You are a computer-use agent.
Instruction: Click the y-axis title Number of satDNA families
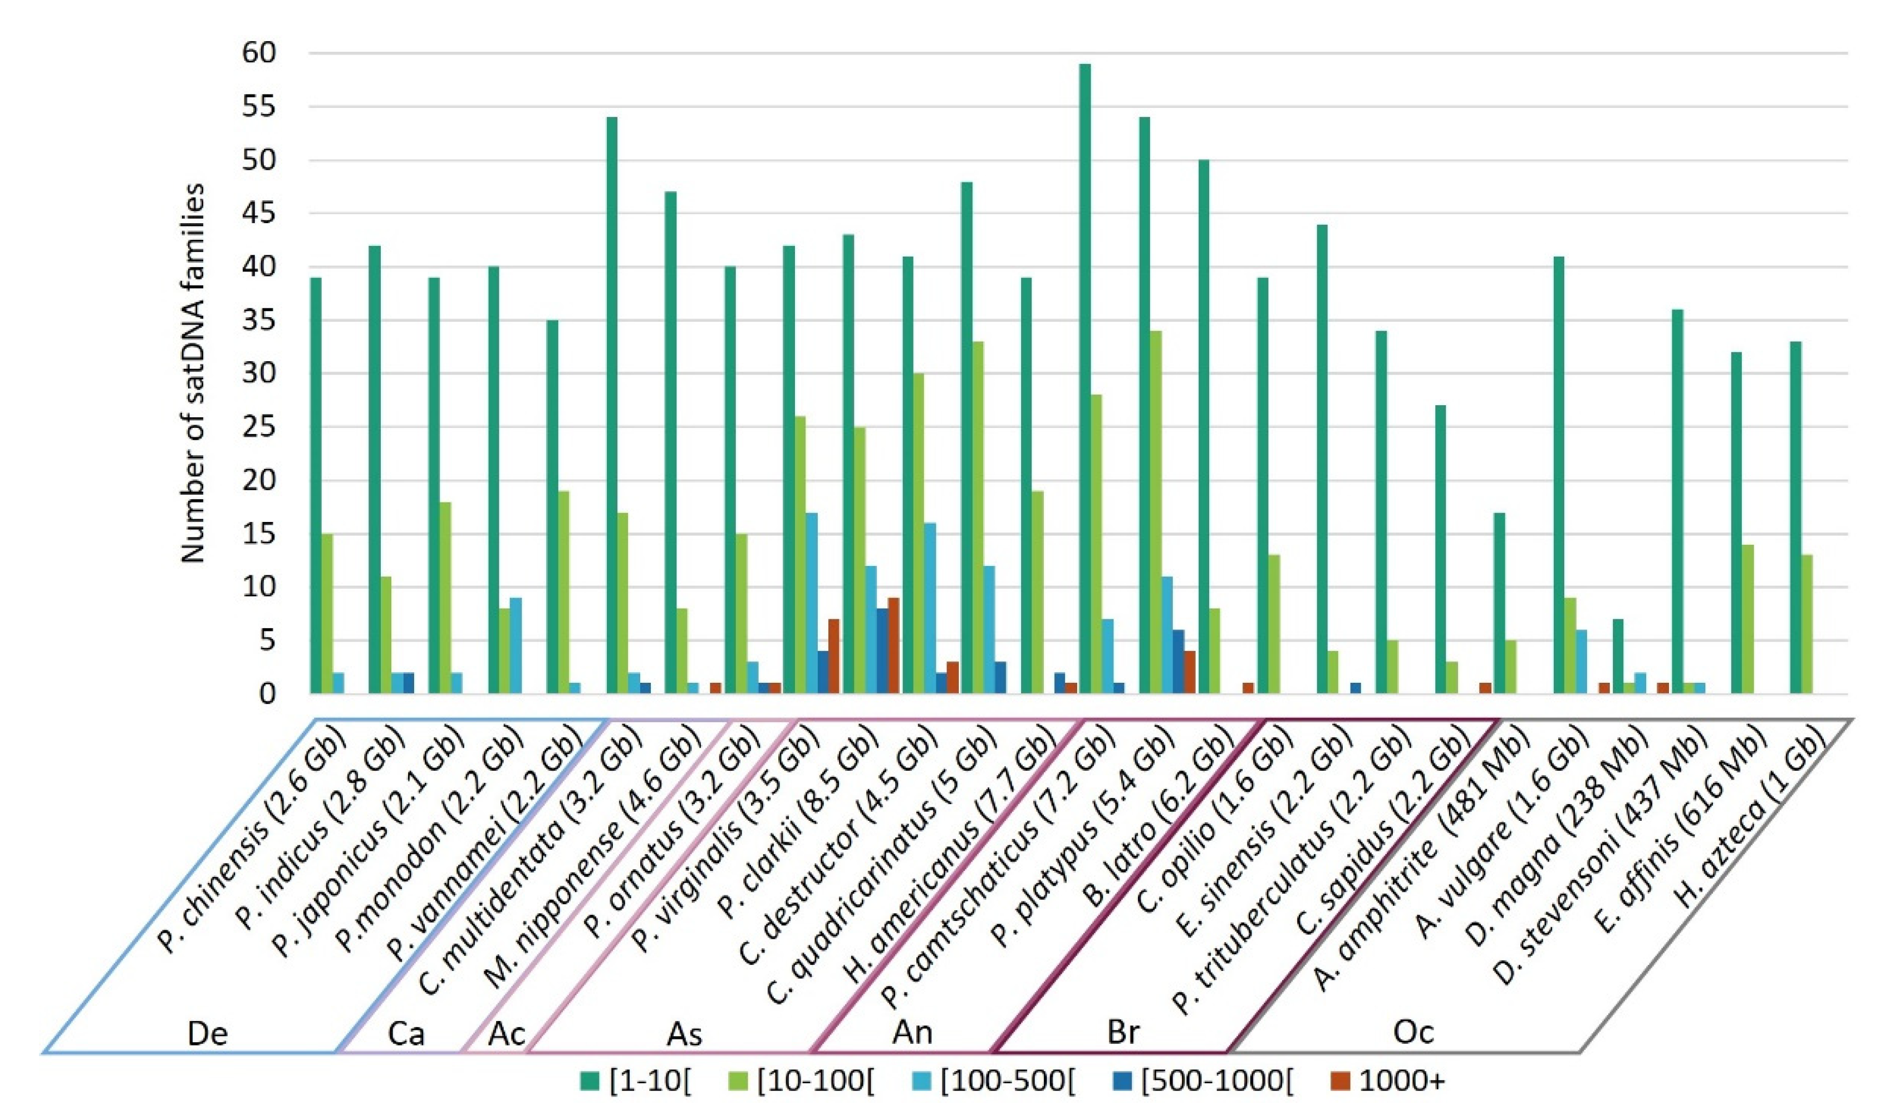[x=193, y=373]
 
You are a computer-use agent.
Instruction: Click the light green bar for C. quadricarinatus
[x=978, y=517]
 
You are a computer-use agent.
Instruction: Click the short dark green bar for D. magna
[x=1618, y=656]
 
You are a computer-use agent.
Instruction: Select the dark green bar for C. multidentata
[x=611, y=405]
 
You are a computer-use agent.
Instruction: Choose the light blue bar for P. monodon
[x=516, y=645]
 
